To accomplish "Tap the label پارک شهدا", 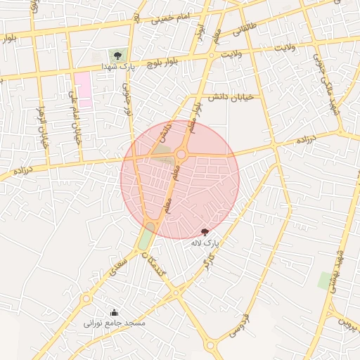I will (x=117, y=66).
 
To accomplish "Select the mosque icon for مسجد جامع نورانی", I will (x=114, y=313).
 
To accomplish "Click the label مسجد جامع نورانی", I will (x=114, y=323).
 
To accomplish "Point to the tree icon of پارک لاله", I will (x=205, y=231).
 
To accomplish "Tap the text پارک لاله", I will (x=205, y=243).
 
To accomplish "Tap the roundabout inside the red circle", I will (x=181, y=154).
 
